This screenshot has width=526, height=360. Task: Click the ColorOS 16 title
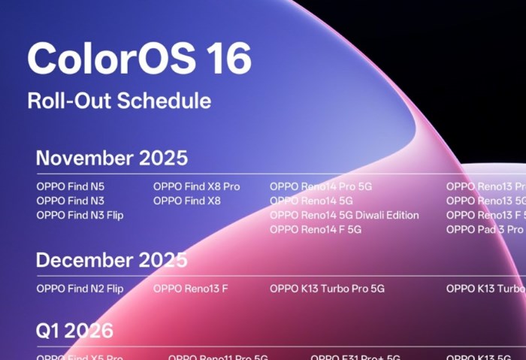139,59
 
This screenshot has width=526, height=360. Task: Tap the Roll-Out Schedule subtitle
119,101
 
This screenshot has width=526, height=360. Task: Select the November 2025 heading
112,159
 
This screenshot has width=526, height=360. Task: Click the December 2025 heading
112,260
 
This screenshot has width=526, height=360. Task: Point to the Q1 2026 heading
74,330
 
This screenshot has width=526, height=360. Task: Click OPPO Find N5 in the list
71,186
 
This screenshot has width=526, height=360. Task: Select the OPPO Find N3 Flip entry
80,215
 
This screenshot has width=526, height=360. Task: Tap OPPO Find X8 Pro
196,186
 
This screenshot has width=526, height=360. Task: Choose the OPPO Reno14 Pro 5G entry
321,186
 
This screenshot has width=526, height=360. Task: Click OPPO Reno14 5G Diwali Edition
344,215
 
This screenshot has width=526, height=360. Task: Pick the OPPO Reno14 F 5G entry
316,229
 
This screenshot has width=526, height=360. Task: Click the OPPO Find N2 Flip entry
80,288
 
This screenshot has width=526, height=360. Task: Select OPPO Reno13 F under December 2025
190,288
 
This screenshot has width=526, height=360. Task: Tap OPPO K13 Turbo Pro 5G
327,288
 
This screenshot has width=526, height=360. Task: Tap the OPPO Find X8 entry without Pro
187,201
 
